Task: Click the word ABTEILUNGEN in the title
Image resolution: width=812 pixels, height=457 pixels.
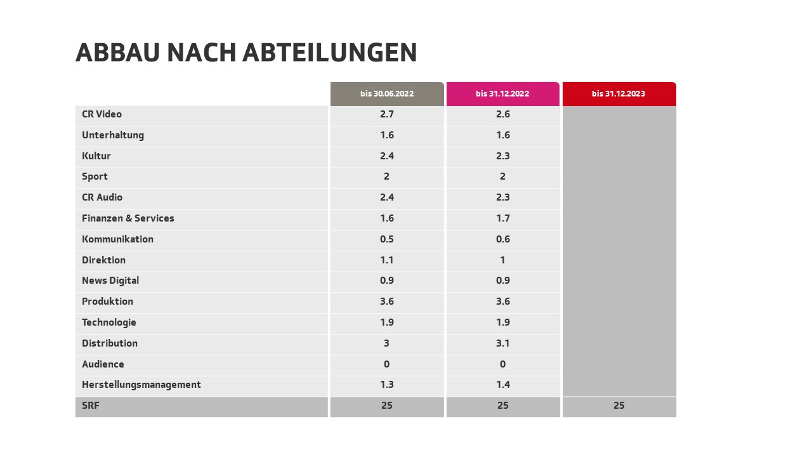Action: click(x=330, y=53)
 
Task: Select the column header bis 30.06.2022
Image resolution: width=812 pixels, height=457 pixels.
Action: click(x=387, y=94)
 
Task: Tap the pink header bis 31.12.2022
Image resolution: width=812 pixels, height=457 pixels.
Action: click(x=502, y=94)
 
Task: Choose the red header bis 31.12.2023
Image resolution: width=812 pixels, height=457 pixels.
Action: click(x=619, y=94)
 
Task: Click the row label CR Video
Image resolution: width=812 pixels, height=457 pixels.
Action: click(x=101, y=114)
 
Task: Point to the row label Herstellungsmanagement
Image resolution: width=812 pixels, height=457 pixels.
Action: click(x=141, y=385)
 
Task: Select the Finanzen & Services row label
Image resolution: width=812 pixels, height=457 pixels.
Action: click(x=128, y=218)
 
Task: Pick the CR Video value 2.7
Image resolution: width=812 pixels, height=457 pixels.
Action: click(x=387, y=114)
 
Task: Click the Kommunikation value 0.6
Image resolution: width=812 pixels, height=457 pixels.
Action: click(x=502, y=239)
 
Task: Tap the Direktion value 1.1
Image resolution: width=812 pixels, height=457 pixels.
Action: click(x=387, y=260)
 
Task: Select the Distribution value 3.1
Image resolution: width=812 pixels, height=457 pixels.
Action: click(x=502, y=343)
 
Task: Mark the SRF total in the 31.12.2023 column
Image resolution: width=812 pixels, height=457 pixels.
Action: click(x=619, y=406)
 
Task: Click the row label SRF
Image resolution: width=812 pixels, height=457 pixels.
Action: click(x=91, y=406)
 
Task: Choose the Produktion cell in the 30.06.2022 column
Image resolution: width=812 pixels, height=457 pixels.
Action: click(x=387, y=301)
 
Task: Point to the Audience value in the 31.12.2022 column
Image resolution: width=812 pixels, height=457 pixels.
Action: click(x=502, y=364)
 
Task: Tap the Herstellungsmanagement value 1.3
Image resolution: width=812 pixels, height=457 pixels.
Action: click(x=387, y=385)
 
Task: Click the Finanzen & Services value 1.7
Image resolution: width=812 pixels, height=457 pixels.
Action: click(x=502, y=218)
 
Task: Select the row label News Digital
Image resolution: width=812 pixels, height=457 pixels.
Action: click(x=110, y=281)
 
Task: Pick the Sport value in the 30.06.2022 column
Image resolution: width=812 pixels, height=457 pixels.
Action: click(x=387, y=176)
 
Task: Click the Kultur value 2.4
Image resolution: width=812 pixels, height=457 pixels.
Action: click(x=387, y=156)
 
